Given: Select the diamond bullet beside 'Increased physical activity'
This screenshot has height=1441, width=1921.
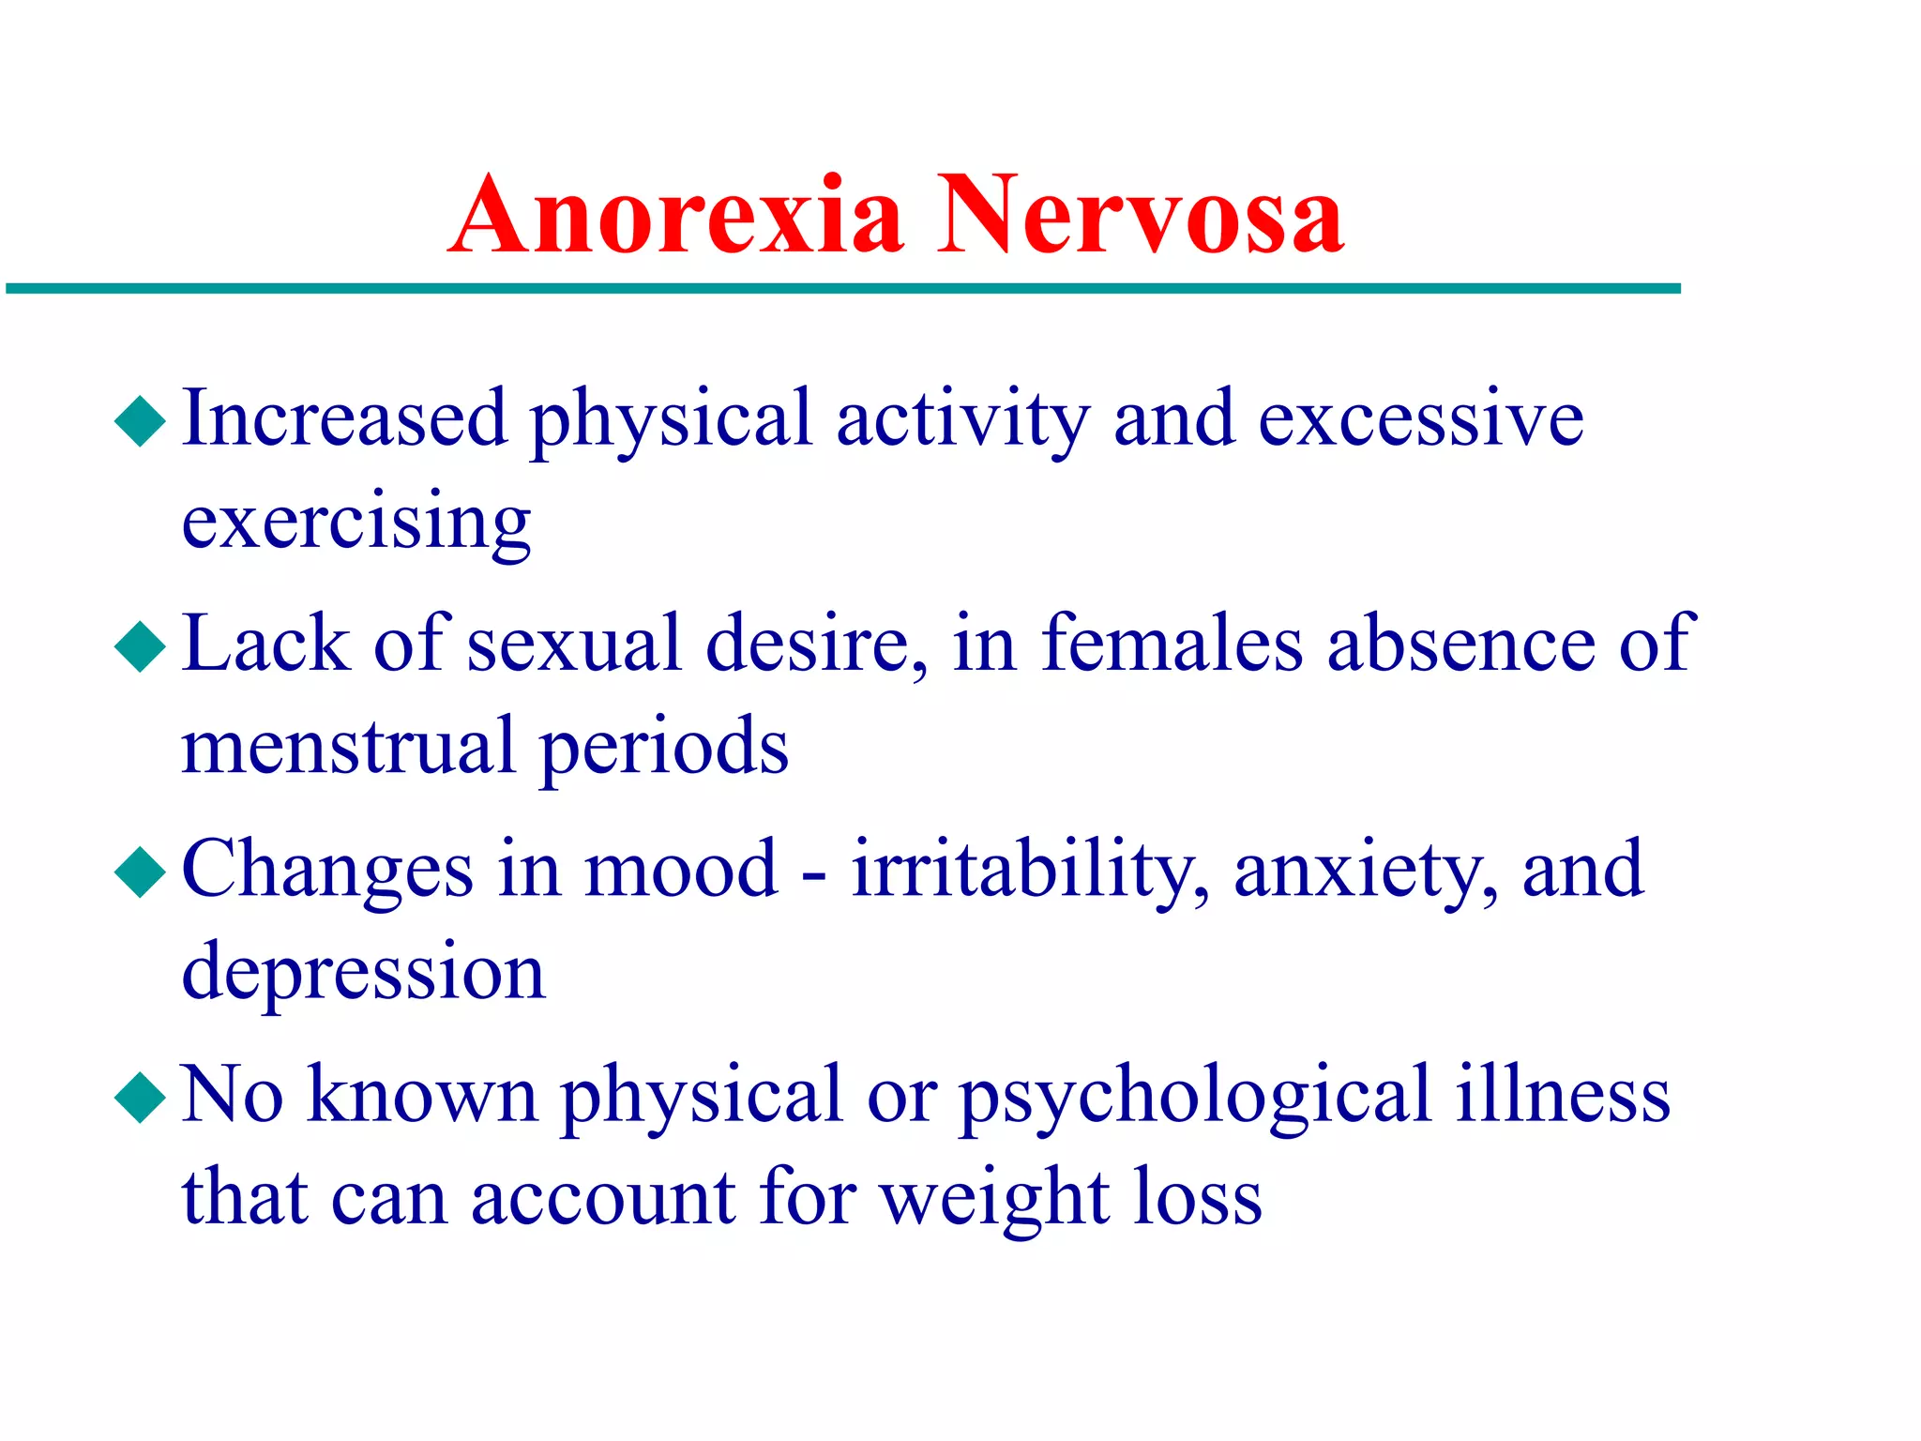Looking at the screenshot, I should [141, 420].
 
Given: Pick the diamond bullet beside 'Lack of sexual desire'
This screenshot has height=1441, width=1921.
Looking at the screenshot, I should [141, 646].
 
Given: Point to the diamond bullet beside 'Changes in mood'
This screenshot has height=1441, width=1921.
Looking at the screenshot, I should [141, 872].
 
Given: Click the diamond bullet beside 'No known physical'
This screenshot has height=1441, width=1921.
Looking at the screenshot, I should [141, 1097].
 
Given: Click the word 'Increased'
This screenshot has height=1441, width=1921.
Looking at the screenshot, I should [344, 418].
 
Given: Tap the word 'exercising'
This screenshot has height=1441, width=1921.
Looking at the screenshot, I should [355, 523].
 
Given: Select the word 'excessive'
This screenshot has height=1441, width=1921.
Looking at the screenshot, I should [1420, 418].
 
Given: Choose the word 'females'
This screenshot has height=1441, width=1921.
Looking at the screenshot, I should [1172, 644].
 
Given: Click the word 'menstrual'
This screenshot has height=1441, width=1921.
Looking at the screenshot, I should [348, 748].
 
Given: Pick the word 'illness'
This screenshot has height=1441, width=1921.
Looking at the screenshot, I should [1563, 1095].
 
